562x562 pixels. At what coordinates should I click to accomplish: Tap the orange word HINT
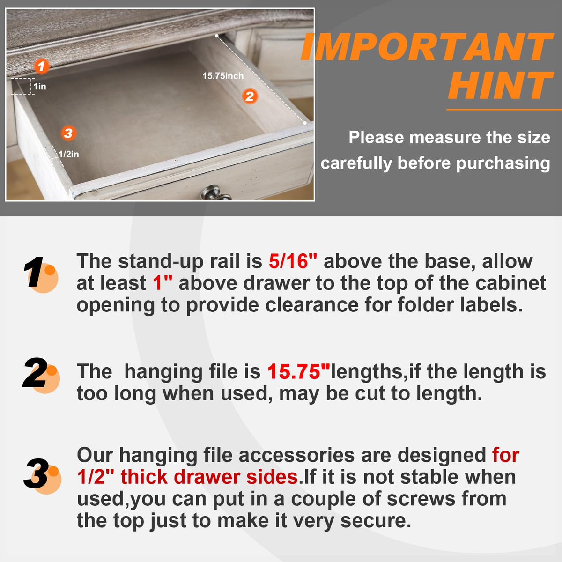point(501,85)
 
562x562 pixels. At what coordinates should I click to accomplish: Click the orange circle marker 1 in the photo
point(41,66)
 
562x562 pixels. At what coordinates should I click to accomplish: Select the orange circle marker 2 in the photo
point(250,96)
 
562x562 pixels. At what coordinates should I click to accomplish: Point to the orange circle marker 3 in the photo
point(68,133)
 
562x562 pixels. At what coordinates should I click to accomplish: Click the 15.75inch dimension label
point(223,76)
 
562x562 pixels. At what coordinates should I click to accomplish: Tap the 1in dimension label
point(40,86)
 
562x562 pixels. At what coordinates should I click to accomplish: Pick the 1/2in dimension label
point(68,154)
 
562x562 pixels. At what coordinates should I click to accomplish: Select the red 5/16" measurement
point(293,261)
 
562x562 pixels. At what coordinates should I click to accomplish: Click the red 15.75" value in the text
point(299,371)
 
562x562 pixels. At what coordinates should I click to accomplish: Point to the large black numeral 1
point(34,272)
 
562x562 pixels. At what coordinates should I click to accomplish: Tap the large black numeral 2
point(35,372)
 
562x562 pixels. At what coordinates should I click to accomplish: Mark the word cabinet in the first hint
point(510,283)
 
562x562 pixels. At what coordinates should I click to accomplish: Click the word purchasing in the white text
point(503,163)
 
